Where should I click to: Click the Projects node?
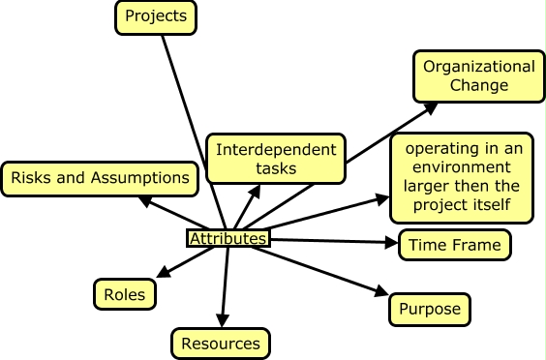click(156, 18)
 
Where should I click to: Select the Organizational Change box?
click(479, 76)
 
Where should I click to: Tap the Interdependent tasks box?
click(276, 159)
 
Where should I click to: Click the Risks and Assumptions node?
click(100, 179)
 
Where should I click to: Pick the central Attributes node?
click(228, 238)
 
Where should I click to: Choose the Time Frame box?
click(455, 245)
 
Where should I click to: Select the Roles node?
click(125, 294)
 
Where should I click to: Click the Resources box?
click(221, 344)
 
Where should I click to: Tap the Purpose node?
click(430, 310)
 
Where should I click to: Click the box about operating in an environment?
click(462, 177)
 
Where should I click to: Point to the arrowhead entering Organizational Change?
click(431, 108)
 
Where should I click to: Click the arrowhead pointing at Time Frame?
click(391, 242)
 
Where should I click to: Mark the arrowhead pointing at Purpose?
click(381, 290)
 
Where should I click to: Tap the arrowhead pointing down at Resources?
click(223, 320)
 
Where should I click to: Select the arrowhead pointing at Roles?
click(164, 272)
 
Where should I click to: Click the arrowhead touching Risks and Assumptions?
click(145, 201)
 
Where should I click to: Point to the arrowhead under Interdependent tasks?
click(255, 192)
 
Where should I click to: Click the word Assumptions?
click(140, 177)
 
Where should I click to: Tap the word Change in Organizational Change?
click(479, 86)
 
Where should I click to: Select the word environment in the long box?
click(462, 167)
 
